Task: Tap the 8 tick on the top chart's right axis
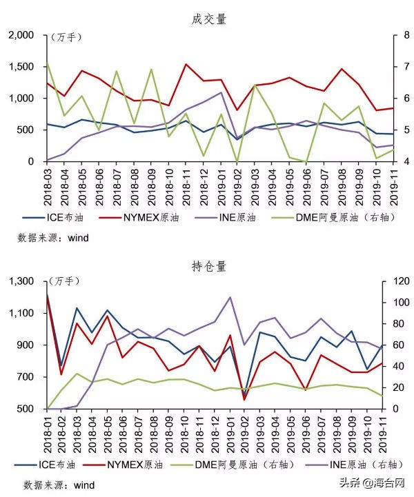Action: [x=391, y=35]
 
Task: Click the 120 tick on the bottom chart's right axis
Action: [x=394, y=281]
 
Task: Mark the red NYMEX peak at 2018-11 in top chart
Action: [x=186, y=65]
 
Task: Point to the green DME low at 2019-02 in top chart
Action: [x=237, y=161]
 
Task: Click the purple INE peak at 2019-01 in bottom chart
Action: [x=230, y=297]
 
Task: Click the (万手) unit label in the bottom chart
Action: [x=65, y=281]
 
